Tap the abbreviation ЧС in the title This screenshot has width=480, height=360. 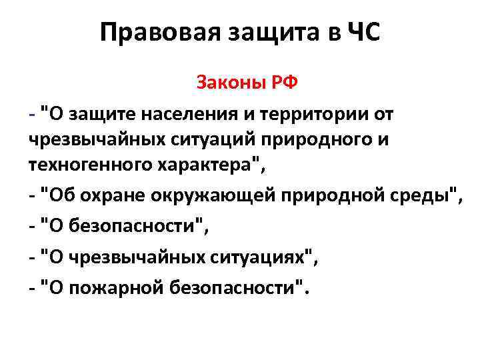tap(363, 32)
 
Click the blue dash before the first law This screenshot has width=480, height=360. tap(32, 115)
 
